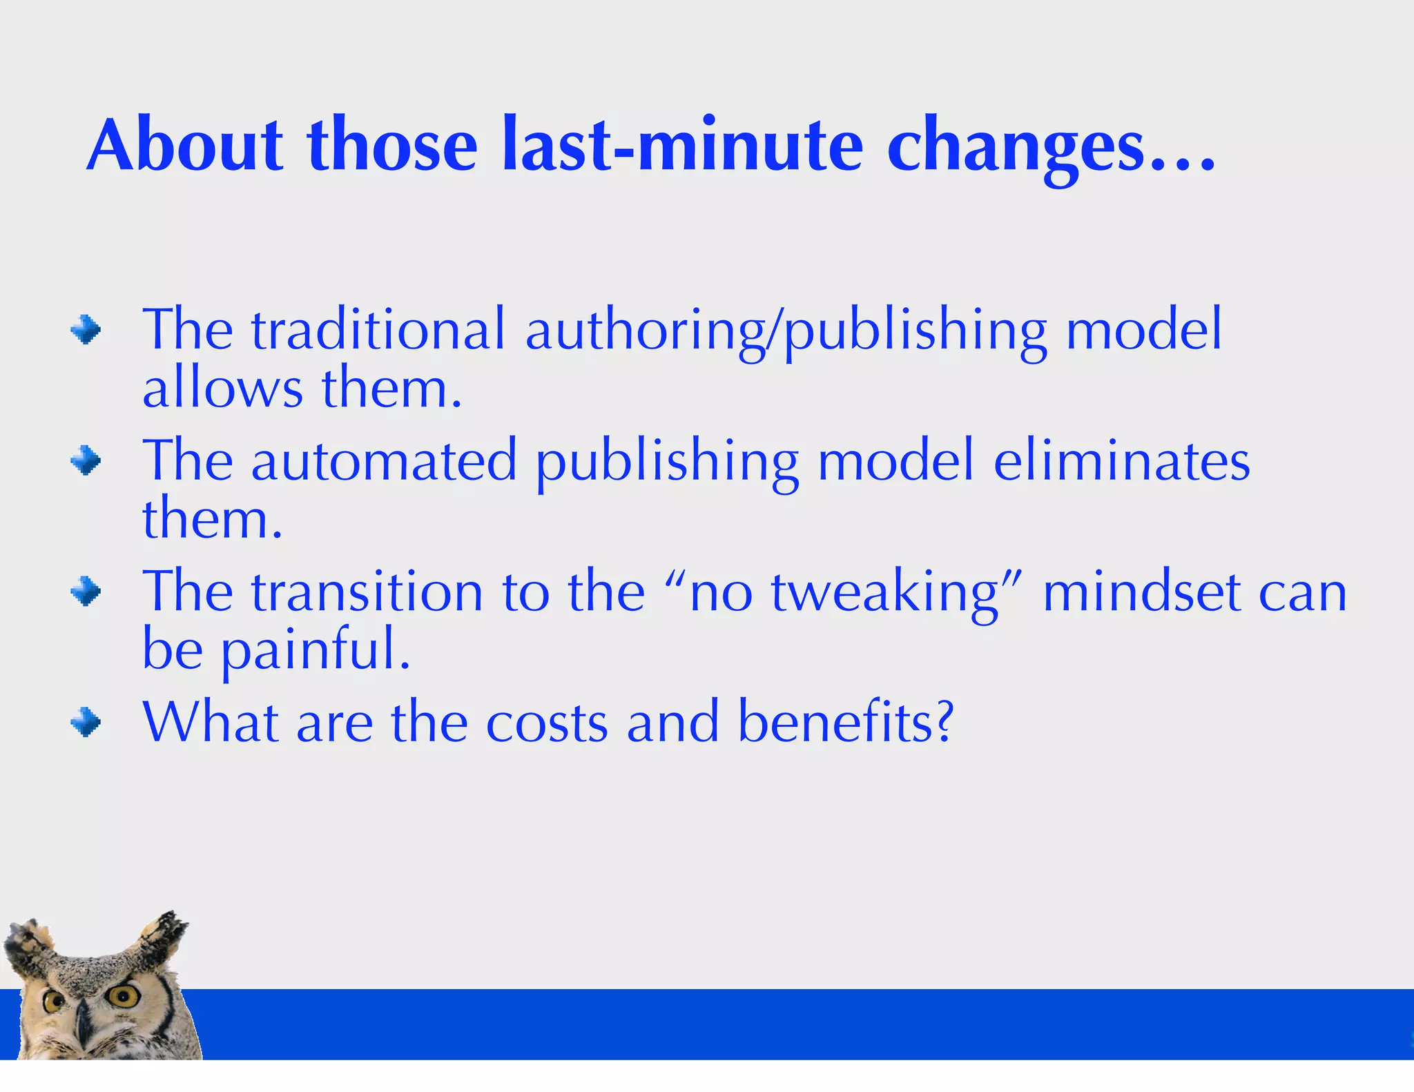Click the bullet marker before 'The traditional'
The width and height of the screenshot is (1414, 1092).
coord(86,329)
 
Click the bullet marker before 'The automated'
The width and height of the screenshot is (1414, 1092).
coord(86,460)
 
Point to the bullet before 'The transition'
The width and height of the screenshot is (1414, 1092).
coord(86,592)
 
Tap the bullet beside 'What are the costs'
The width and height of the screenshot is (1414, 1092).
coord(86,723)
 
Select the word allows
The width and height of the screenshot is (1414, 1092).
coord(222,388)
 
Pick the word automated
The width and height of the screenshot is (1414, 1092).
coord(384,461)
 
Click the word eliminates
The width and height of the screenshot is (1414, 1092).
coord(1121,461)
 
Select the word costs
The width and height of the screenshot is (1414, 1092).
coord(547,723)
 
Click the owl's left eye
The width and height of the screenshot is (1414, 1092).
coord(52,1002)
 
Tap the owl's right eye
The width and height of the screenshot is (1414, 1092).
coord(124,995)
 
